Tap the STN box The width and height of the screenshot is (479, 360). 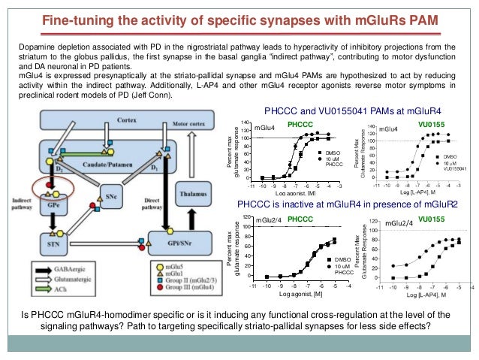(x=50, y=242)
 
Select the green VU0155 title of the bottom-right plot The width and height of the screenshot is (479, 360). (x=432, y=219)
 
